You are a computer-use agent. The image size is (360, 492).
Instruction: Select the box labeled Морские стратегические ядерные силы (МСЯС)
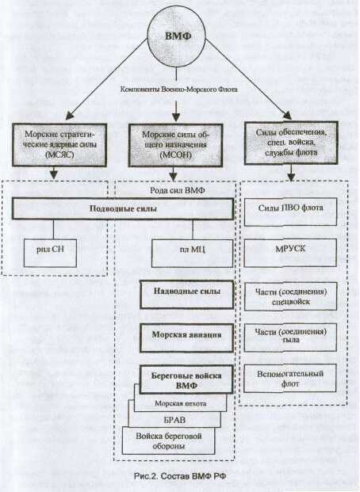pos(59,145)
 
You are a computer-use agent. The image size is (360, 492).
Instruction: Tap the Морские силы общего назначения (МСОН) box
pos(175,145)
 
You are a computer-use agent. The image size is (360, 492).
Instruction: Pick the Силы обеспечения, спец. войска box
pos(291,143)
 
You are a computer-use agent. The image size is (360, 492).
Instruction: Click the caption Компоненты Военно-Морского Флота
pos(178,90)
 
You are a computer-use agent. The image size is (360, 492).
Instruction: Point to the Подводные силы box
pos(123,208)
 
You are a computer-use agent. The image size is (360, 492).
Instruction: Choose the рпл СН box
pos(50,253)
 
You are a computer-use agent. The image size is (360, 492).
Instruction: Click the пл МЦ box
pos(193,254)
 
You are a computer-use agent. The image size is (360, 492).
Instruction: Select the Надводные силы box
pos(187,294)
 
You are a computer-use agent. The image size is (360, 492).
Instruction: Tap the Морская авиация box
pos(187,338)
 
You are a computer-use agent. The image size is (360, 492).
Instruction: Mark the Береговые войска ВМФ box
pos(186,379)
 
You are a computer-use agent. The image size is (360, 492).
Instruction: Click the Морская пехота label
pos(180,403)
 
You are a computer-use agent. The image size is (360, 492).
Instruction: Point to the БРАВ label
pos(174,420)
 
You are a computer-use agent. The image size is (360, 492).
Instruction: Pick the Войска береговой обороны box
pos(169,441)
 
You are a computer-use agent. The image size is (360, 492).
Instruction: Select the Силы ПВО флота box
pos(290,212)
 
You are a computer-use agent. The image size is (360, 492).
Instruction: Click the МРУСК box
pos(290,253)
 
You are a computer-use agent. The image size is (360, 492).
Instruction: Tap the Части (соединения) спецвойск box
pos(290,296)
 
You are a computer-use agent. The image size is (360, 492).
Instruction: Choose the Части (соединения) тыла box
pos(290,338)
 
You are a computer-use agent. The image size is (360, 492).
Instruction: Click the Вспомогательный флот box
pos(290,379)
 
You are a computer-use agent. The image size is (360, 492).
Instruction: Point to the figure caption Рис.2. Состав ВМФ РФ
pos(180,476)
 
